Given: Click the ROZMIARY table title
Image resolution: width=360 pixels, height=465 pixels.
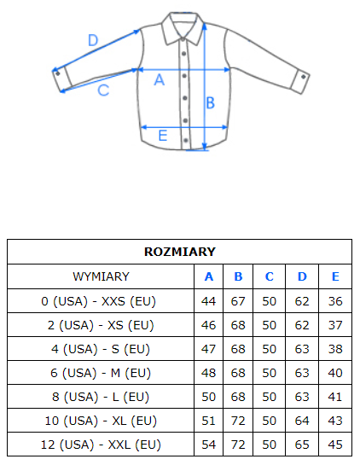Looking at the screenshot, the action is point(180,252).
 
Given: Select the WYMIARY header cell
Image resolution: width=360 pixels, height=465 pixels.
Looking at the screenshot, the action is point(102,276).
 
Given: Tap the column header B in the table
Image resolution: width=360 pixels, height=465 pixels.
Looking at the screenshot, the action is point(238,276).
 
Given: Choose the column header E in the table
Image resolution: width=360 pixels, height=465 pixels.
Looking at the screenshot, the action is point(335,276).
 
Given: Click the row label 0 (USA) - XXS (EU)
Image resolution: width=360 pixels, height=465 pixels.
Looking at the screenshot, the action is point(99,301).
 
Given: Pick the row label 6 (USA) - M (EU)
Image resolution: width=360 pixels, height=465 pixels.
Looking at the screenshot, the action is point(101,373).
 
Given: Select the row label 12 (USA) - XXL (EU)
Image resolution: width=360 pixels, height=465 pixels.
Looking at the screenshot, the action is point(101,445).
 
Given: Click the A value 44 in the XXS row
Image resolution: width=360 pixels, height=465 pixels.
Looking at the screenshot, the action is point(208,301).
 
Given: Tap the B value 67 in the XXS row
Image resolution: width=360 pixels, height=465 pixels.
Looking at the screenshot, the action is point(238,301).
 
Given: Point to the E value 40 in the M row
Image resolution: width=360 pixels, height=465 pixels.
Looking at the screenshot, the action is point(335,373).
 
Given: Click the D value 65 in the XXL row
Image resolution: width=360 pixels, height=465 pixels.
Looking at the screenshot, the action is point(302,445).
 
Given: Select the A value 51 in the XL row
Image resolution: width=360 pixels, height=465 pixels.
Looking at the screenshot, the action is point(208,421).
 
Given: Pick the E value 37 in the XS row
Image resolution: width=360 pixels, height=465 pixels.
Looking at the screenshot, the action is point(335,325).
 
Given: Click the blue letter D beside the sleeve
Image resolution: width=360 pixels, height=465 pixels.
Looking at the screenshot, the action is point(93,40).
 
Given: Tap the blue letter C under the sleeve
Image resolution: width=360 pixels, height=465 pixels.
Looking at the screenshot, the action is point(103,90).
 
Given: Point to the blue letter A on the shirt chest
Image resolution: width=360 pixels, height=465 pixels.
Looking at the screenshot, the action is point(160,79).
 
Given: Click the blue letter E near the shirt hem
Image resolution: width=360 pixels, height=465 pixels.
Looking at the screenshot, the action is point(163,136).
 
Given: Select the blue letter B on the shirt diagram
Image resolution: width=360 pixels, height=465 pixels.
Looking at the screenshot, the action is point(210,103).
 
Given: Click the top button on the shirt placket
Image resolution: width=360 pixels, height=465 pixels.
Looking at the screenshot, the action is point(184,54).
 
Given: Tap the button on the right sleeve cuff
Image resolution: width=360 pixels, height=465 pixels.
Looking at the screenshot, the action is point(303,77).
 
